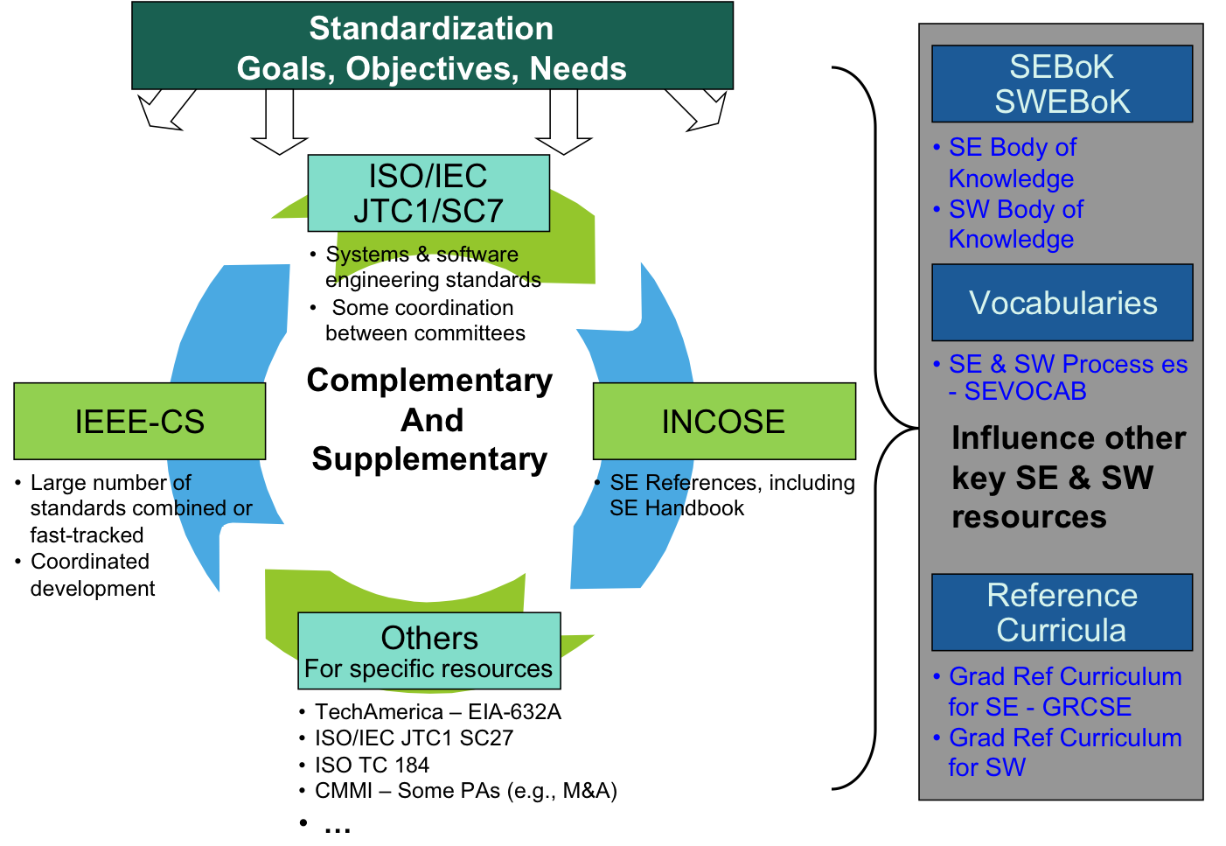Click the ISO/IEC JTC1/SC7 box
coord(428,193)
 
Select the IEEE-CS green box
coord(140,421)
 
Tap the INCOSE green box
coord(724,421)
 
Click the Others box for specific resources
coord(429,651)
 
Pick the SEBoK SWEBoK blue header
coord(1062,84)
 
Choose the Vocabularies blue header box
coord(1062,303)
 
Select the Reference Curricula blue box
coord(1062,612)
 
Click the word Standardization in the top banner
coord(431,29)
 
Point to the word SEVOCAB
coord(1025,391)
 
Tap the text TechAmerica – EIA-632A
coord(437,711)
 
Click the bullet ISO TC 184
coord(372,765)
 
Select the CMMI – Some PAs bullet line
coord(465,791)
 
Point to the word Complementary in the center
coord(429,381)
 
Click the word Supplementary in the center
coord(429,459)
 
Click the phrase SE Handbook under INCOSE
coord(677,508)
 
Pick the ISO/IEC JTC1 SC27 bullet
coord(414,738)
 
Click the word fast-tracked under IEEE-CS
coord(87,535)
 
